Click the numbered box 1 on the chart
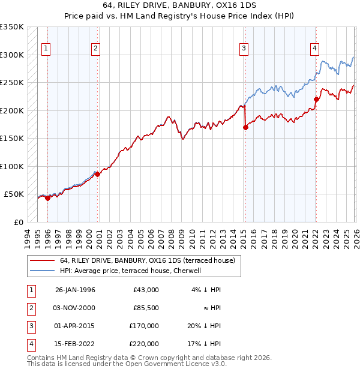[x=46, y=49]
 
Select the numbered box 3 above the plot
[x=244, y=49]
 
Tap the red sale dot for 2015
[x=245, y=127]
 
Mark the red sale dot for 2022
[x=316, y=100]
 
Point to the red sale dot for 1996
[x=48, y=199]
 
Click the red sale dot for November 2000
[x=97, y=175]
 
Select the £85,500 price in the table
[x=146, y=307]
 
